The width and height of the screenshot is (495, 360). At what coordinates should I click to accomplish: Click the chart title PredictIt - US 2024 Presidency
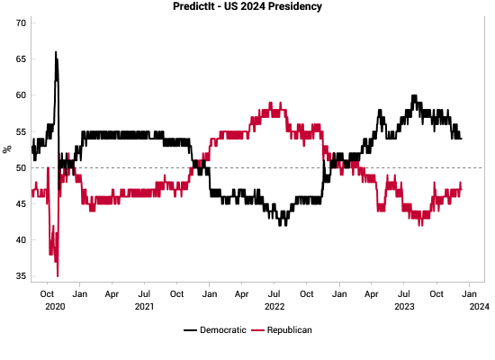247,7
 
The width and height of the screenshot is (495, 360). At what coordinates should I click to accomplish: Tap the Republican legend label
288,330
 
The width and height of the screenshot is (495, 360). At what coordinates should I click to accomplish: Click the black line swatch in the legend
190,330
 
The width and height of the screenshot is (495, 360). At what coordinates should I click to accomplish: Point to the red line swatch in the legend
257,330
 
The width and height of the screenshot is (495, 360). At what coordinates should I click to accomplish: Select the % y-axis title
6,149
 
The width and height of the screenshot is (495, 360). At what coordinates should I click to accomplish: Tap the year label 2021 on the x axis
144,306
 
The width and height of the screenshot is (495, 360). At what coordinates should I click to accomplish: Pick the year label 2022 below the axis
274,306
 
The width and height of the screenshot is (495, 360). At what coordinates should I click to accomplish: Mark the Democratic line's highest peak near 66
56,52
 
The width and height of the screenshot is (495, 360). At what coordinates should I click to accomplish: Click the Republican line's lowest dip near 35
58,275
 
